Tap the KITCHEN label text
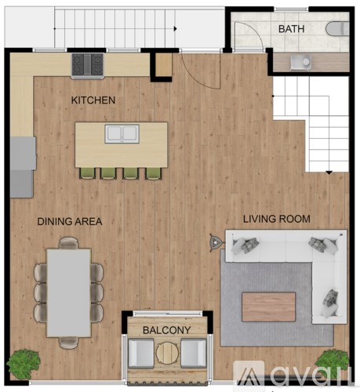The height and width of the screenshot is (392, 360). (93, 100)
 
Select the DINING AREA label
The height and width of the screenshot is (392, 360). (70, 222)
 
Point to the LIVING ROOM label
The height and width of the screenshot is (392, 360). (276, 219)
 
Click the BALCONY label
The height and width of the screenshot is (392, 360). (165, 331)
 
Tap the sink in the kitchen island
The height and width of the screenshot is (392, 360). (122, 134)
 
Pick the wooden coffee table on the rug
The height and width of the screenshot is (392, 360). (268, 307)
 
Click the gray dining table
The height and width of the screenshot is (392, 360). (69, 291)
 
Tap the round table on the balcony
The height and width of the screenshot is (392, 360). (166, 354)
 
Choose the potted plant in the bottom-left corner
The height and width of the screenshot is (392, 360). (23, 365)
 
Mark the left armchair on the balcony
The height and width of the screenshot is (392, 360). (141, 354)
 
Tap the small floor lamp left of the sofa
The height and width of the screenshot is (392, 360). (215, 241)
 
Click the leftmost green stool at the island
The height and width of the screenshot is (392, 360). (87, 172)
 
